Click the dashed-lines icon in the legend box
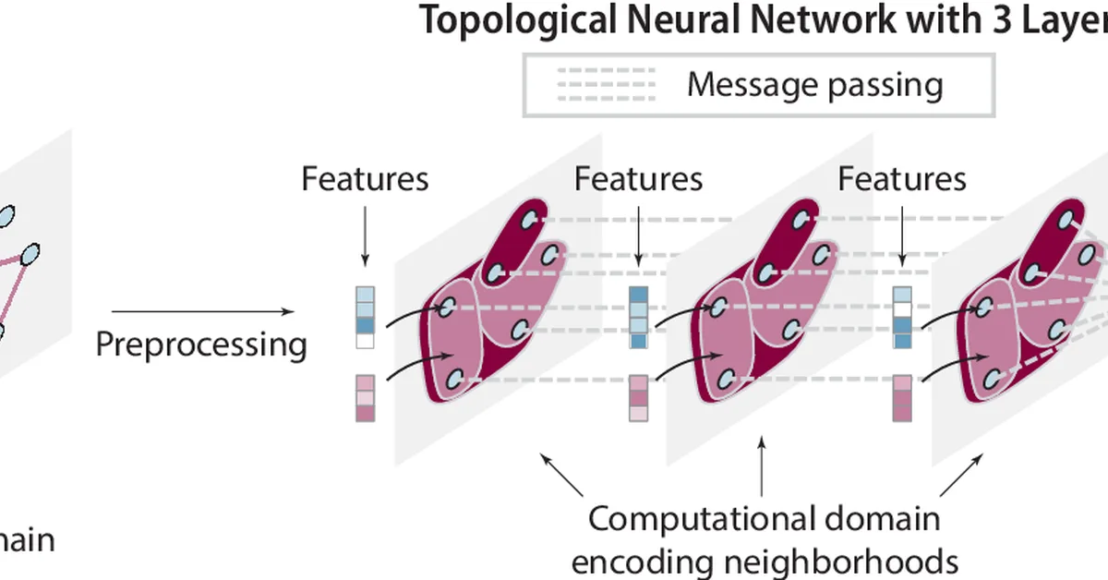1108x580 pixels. [606, 84]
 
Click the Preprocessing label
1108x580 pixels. [201, 344]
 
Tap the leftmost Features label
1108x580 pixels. [365, 178]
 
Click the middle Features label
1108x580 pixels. [638, 178]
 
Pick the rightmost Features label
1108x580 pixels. [902, 178]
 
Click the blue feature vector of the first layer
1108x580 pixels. [366, 317]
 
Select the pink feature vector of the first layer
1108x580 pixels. [366, 398]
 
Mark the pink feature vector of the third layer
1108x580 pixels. [903, 398]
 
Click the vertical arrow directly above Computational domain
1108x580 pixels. [762, 470]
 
